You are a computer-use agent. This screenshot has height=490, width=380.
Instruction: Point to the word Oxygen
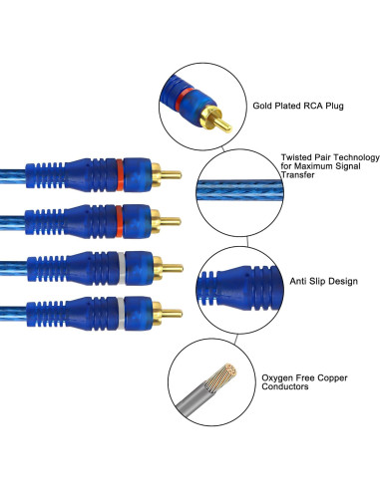click(x=278, y=376)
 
